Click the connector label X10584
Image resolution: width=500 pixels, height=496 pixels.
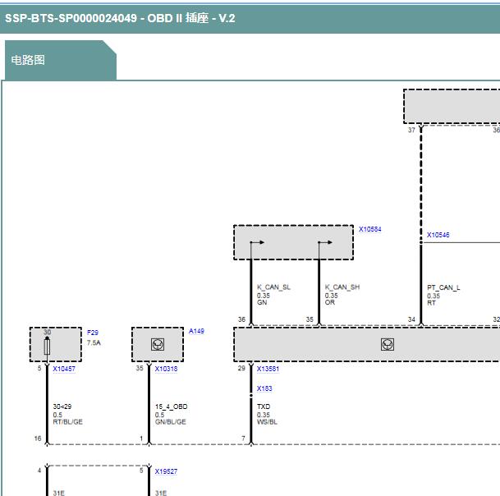[370, 229]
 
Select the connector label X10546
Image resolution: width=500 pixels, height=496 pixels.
[438, 235]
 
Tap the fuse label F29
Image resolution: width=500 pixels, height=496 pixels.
[93, 333]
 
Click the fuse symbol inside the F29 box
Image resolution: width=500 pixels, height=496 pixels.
[47, 347]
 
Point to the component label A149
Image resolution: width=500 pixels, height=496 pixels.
[196, 331]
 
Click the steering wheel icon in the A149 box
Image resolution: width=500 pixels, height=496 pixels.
[158, 344]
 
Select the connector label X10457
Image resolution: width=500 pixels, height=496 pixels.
[64, 369]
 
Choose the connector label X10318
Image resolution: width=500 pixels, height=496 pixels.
[166, 369]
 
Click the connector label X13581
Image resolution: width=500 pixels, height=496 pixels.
[268, 369]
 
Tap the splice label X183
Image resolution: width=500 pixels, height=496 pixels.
[264, 388]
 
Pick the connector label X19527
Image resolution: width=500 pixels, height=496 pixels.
[166, 471]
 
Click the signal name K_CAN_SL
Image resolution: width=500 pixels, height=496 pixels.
[273, 287]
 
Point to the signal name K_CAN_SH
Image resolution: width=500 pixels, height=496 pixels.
[342, 287]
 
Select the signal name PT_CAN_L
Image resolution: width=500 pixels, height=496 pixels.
[443, 287]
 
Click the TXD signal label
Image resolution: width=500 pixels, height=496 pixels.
[264, 406]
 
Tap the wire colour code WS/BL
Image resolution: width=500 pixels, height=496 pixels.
[267, 421]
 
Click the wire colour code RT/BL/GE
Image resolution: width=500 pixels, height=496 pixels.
[67, 421]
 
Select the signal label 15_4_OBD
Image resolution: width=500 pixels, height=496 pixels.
[172, 406]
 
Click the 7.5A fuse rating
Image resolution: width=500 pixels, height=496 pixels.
[94, 342]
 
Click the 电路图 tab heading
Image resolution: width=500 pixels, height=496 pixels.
[28, 60]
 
